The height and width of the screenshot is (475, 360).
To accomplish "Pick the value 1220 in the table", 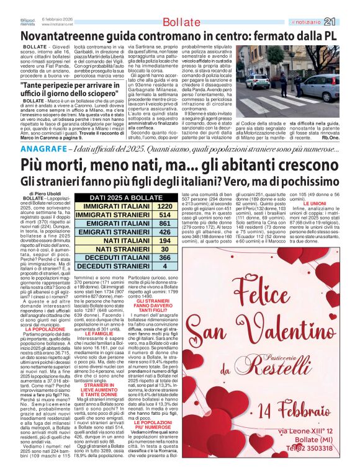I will (x=164, y=206).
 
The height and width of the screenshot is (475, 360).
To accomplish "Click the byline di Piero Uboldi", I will (x=46, y=194).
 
